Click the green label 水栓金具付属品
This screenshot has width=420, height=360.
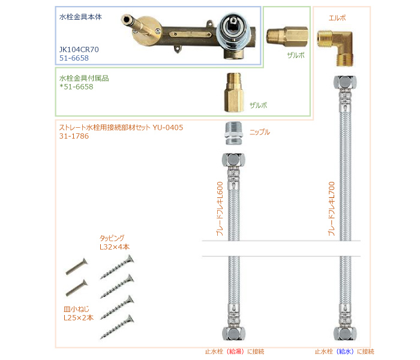point(83,78)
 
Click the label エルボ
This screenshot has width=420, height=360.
point(338,18)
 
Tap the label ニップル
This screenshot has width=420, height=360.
point(260,132)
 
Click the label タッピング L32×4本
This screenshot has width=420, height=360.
point(114,242)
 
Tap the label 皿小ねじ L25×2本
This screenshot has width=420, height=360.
point(79,314)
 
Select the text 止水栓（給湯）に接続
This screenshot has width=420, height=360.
point(234,352)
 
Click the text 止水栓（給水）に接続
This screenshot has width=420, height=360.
point(344,352)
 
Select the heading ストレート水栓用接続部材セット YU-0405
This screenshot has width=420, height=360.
point(121,128)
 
